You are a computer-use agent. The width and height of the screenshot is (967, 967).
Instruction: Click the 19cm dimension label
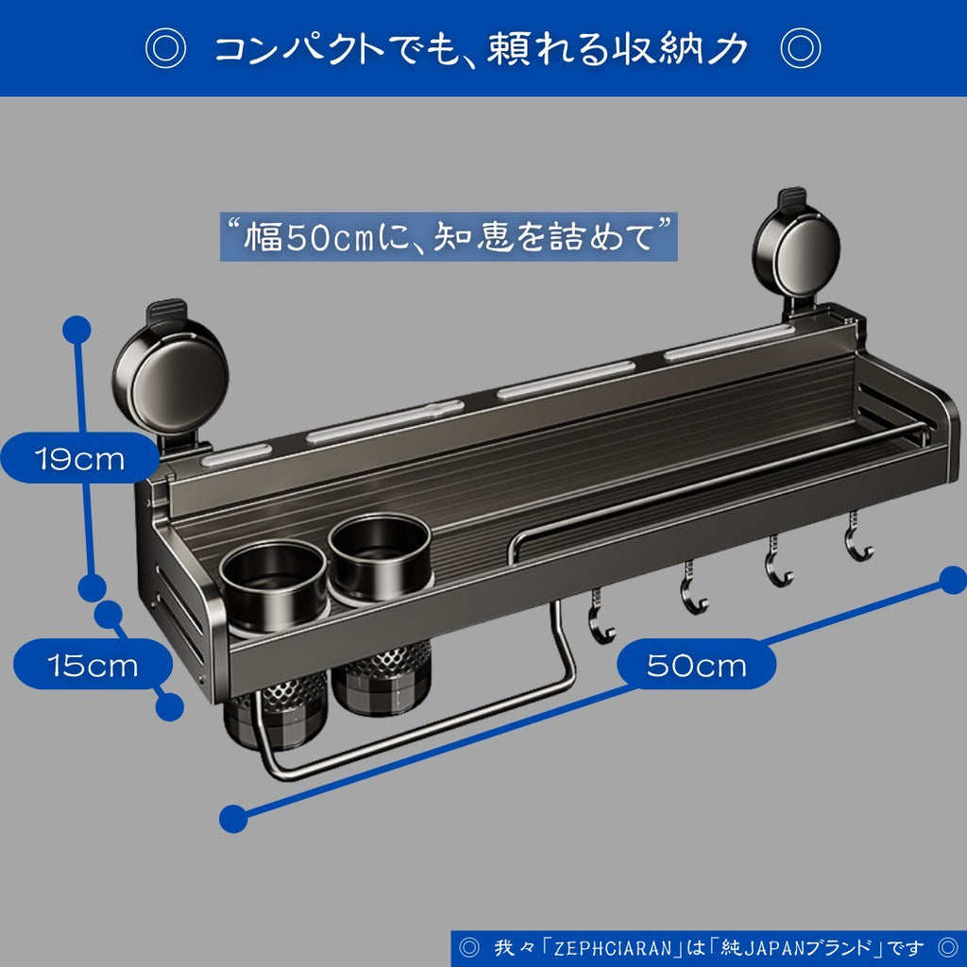(x=80, y=459)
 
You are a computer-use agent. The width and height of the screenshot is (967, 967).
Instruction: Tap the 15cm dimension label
(x=93, y=665)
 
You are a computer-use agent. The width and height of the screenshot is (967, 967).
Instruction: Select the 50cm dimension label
(x=696, y=665)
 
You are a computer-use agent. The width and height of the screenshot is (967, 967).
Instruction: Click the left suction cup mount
(x=171, y=375)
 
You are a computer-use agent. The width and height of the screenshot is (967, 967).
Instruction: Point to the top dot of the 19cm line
(x=76, y=330)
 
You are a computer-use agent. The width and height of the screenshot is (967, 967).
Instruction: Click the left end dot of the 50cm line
(x=233, y=818)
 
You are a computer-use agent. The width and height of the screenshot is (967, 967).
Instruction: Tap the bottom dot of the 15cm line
(x=169, y=706)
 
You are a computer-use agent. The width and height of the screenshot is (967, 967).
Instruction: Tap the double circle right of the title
(x=800, y=48)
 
